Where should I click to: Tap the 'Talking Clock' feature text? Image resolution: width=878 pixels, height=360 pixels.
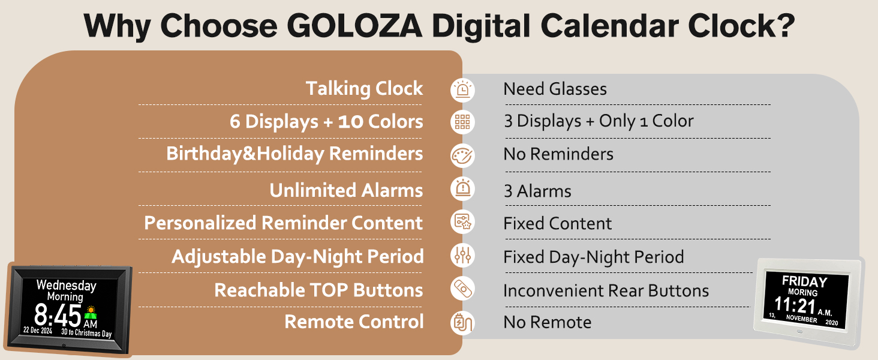click(364, 89)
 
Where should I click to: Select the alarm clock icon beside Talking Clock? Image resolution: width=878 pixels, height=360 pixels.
click(462, 89)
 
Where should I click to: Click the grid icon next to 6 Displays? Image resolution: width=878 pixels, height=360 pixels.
click(462, 122)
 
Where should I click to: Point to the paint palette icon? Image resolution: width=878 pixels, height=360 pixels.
click(462, 155)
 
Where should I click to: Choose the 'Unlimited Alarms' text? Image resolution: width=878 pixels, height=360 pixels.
click(346, 191)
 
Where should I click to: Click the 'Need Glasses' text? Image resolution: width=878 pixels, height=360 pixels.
click(555, 89)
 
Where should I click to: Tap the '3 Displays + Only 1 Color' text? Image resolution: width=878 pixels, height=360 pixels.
click(598, 121)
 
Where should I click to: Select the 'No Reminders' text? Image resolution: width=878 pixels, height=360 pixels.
click(558, 154)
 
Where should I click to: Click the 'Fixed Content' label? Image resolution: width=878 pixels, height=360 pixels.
click(557, 224)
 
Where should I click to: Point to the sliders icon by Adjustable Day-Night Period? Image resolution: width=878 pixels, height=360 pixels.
click(462, 256)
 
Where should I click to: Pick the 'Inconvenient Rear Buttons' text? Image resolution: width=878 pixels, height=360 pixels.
click(606, 291)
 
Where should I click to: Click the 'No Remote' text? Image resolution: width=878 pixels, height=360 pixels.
click(547, 322)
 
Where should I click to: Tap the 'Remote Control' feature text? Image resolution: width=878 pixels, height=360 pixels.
click(354, 322)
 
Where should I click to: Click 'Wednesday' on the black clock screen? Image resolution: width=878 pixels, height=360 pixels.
click(66, 285)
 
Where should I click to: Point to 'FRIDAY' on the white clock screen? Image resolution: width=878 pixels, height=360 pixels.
click(804, 281)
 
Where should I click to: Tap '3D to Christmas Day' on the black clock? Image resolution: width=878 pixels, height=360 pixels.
click(86, 334)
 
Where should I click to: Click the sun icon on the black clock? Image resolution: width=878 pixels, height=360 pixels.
click(91, 311)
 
